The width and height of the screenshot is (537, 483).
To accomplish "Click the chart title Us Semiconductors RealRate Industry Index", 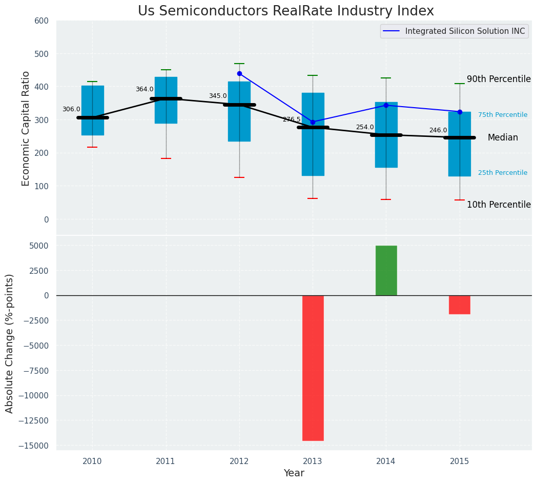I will tap(285, 11).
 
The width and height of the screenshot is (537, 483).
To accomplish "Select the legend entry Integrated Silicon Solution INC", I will tap(465, 31).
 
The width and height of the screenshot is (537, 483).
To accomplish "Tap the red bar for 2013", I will tap(313, 368).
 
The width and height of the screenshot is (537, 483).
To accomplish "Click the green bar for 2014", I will tap(386, 270).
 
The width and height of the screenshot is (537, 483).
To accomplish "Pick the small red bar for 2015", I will tap(459, 305).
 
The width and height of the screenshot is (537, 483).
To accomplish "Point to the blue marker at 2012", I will tap(239, 73).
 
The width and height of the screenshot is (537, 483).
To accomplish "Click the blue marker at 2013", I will tap(313, 122).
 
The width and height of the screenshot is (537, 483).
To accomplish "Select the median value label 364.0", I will tap(144, 89).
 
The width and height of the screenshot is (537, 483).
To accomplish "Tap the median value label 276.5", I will tap(292, 119).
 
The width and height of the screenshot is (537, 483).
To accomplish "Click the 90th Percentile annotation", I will tap(499, 79).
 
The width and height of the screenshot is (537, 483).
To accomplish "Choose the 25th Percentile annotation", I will tap(503, 173).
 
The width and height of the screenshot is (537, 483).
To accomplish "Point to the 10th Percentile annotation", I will tap(499, 205).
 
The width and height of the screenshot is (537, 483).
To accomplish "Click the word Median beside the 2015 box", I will tap(503, 137).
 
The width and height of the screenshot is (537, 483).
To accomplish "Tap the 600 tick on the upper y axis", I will tap(42, 21).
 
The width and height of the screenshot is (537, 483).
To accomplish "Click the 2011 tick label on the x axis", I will tap(166, 461).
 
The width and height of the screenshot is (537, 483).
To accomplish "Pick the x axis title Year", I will tap(294, 473).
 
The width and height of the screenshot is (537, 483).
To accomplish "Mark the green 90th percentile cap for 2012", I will tap(239, 64).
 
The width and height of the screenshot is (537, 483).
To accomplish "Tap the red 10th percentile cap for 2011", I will tap(166, 158).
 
